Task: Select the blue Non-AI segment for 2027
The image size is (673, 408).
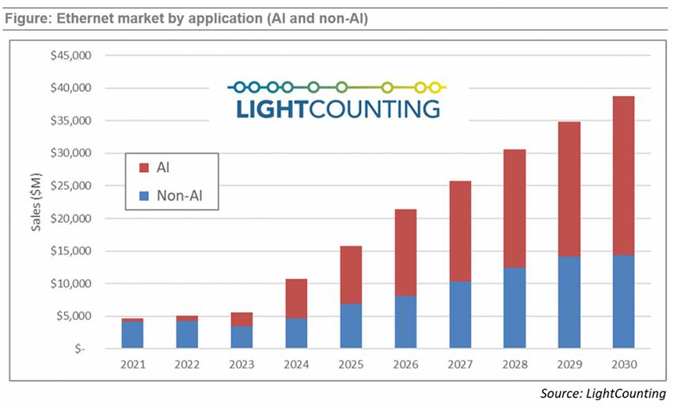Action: (460, 315)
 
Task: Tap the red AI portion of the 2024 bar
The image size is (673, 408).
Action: (296, 299)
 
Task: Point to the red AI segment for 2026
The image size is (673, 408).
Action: (405, 253)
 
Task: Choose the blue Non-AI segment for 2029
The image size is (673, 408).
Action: (568, 302)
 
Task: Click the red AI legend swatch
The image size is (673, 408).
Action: (143, 168)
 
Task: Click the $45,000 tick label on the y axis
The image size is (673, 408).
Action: (71, 56)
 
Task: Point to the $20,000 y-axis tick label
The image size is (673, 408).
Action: (71, 219)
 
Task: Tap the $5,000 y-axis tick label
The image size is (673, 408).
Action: (74, 316)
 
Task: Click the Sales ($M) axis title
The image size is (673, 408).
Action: (36, 201)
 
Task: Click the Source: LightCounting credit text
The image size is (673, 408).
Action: (603, 394)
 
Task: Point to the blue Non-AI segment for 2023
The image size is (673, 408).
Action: (241, 337)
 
